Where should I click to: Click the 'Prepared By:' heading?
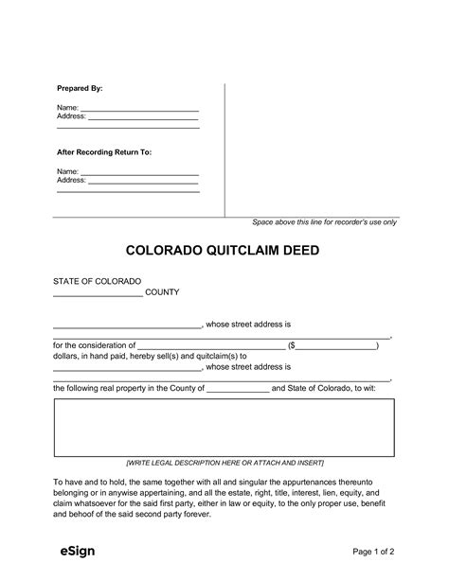click(x=80, y=88)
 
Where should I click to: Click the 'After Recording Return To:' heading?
click(x=104, y=151)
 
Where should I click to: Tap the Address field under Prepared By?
click(x=143, y=117)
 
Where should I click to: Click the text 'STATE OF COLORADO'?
click(x=98, y=282)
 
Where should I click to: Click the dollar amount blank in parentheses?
click(x=335, y=346)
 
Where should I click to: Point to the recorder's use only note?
click(x=324, y=221)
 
